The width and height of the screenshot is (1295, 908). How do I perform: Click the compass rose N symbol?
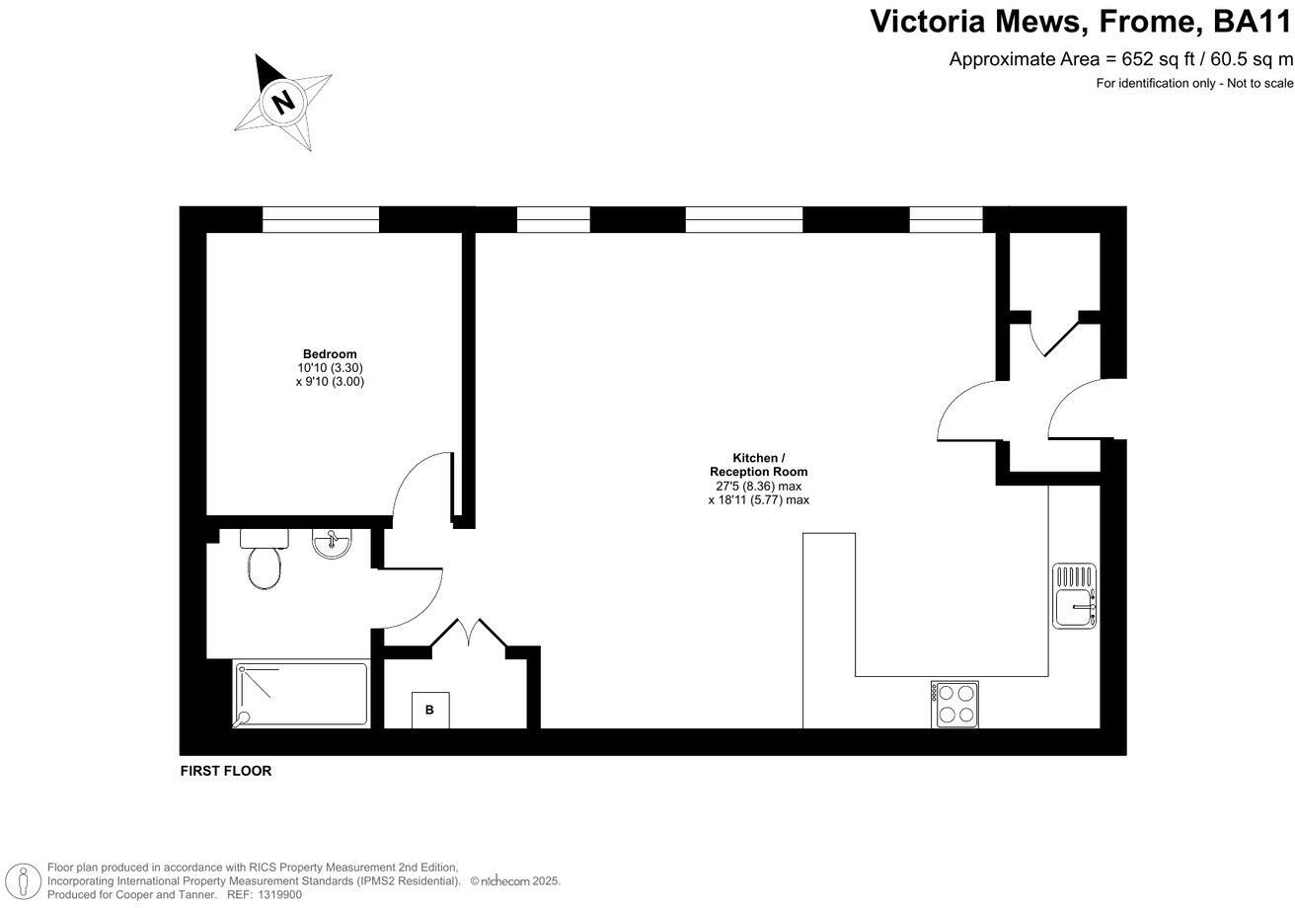point(283,101)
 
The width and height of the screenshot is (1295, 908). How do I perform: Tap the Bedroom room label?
point(330,354)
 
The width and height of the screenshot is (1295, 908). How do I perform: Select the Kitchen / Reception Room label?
point(758,465)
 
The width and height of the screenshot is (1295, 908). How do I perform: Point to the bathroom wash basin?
point(331,543)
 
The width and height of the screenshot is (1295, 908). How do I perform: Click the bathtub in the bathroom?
point(301,695)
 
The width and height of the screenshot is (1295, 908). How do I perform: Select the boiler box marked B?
point(429,710)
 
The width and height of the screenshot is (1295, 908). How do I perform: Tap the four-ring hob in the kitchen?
point(954,705)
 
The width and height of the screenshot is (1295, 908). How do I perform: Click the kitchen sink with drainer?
point(1074,596)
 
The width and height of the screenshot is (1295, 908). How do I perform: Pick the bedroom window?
point(320,219)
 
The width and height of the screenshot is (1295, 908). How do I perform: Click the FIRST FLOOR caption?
point(225,771)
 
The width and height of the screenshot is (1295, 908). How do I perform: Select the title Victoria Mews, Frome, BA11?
point(1080,22)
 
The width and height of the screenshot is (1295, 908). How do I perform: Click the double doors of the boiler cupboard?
point(469,634)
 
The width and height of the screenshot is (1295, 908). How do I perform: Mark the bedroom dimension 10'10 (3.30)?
point(330,368)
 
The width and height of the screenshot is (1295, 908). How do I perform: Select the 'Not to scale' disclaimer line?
point(1194,84)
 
